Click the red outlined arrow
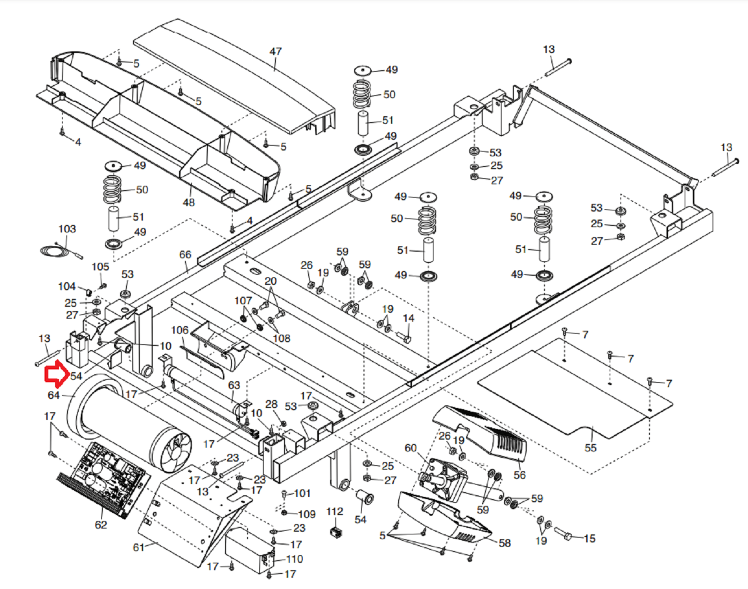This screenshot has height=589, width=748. (x=56, y=374)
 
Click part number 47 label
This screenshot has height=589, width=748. (x=275, y=51)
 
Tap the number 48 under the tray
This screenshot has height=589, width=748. (x=189, y=202)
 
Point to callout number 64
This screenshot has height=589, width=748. (x=54, y=395)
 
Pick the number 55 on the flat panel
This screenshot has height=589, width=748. (x=590, y=448)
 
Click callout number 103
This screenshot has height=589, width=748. (x=67, y=229)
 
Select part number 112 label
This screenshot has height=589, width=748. (x=335, y=511)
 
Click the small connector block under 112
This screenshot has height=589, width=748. (x=336, y=532)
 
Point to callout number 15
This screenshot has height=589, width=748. (x=589, y=538)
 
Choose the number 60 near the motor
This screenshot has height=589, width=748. (x=410, y=448)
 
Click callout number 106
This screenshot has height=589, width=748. (x=180, y=330)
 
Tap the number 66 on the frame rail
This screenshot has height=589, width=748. (x=185, y=254)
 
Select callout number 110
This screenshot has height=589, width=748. (x=295, y=559)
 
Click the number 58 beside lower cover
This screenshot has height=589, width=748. (x=505, y=543)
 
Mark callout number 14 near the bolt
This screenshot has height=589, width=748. (x=408, y=318)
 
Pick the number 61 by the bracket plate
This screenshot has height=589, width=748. (x=139, y=547)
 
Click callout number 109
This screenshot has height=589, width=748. (x=306, y=514)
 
